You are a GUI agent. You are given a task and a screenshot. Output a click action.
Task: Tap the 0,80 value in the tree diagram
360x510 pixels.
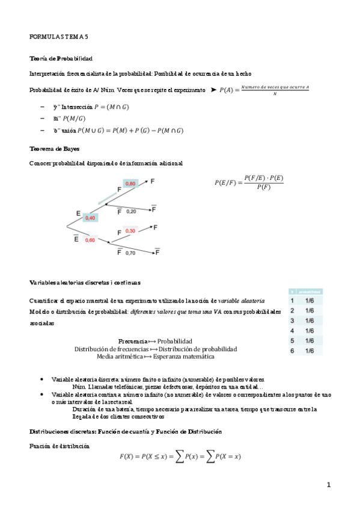pos(130,183)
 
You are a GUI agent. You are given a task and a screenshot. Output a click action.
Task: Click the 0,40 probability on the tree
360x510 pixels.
pos(90,218)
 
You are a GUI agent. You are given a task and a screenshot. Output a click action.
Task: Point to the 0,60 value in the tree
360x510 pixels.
pos(90,240)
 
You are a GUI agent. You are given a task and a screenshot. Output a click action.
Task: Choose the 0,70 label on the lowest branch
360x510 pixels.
pos(130,253)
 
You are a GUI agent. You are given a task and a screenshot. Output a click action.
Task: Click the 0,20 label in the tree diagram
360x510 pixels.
pos(131,212)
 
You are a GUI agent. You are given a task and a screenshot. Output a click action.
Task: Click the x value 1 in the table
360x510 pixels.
pos(292,300)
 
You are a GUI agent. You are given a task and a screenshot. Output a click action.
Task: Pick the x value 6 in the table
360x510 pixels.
pos(292,351)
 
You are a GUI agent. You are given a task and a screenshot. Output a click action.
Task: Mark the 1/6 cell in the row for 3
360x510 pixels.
pos(310,321)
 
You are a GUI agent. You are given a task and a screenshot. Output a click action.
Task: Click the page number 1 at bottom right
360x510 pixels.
pos(329,485)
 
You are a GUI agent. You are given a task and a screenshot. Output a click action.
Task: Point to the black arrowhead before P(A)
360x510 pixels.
pos(213,90)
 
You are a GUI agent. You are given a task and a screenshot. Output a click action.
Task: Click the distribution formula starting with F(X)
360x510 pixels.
pos(180,457)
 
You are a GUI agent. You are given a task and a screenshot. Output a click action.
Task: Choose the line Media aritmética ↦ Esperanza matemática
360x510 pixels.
pos(155,357)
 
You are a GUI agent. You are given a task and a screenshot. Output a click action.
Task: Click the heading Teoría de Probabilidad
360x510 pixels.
pos(61,59)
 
